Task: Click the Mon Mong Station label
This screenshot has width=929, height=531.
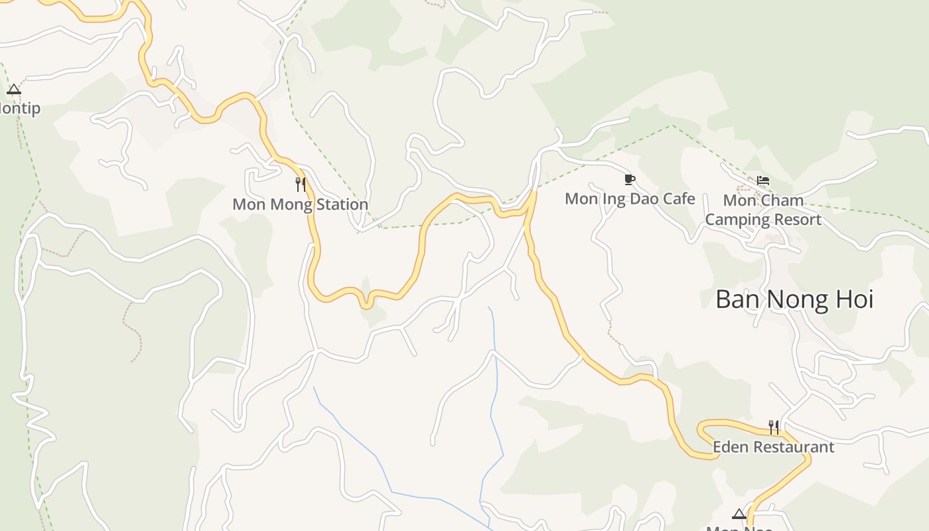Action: pos(300,204)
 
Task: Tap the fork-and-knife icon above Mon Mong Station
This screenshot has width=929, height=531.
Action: pos(301,184)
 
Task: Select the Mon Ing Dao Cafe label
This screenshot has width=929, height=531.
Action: pos(630,198)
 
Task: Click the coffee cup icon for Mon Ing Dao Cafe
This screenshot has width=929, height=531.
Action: pos(630,179)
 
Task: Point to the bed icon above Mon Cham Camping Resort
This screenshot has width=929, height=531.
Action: pos(763,181)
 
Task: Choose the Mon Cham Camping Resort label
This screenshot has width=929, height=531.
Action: pos(763,210)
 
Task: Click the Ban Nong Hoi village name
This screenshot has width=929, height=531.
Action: pos(794,299)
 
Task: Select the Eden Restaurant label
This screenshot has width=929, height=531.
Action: pos(773,447)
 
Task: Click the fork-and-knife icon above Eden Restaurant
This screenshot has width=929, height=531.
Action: pos(773,427)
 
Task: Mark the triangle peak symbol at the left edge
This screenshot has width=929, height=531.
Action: pos(14,90)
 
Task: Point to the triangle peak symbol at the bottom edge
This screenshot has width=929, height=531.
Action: pos(739,514)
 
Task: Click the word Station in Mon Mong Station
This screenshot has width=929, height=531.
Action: pos(340,204)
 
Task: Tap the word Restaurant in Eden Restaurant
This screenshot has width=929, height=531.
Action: pos(793,447)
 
